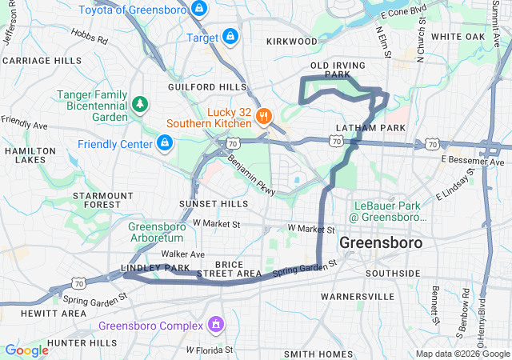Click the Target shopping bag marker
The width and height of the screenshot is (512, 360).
230,37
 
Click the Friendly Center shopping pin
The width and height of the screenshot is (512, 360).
164,144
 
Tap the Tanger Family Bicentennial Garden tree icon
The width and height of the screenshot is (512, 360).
140,104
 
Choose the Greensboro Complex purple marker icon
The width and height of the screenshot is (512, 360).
215,325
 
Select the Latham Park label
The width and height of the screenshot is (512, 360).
371,128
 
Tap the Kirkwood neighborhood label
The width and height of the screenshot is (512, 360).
291,40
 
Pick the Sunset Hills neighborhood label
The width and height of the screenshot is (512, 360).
214,204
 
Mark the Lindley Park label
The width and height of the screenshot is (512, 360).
155,267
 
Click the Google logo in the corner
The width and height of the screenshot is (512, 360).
26,350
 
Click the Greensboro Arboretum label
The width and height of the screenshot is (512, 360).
157,231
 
